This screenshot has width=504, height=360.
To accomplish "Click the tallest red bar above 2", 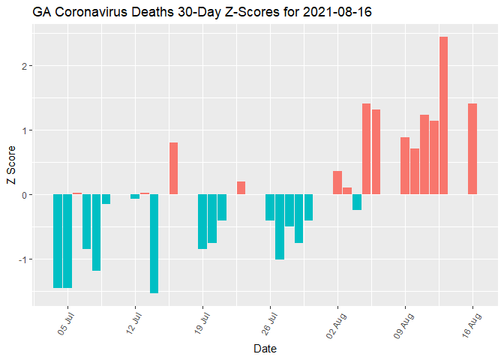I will (x=443, y=115).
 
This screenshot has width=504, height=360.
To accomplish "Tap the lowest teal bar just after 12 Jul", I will (x=154, y=244).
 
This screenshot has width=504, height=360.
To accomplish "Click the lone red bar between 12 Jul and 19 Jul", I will (x=173, y=168).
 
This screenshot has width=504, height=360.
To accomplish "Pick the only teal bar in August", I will (x=357, y=202).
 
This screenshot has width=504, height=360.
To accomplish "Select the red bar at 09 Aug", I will (x=405, y=166).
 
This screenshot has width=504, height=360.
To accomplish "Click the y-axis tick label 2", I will (x=24, y=66).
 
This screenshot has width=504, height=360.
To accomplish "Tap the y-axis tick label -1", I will (x=22, y=259).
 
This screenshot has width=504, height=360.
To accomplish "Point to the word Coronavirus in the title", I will (x=89, y=12).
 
